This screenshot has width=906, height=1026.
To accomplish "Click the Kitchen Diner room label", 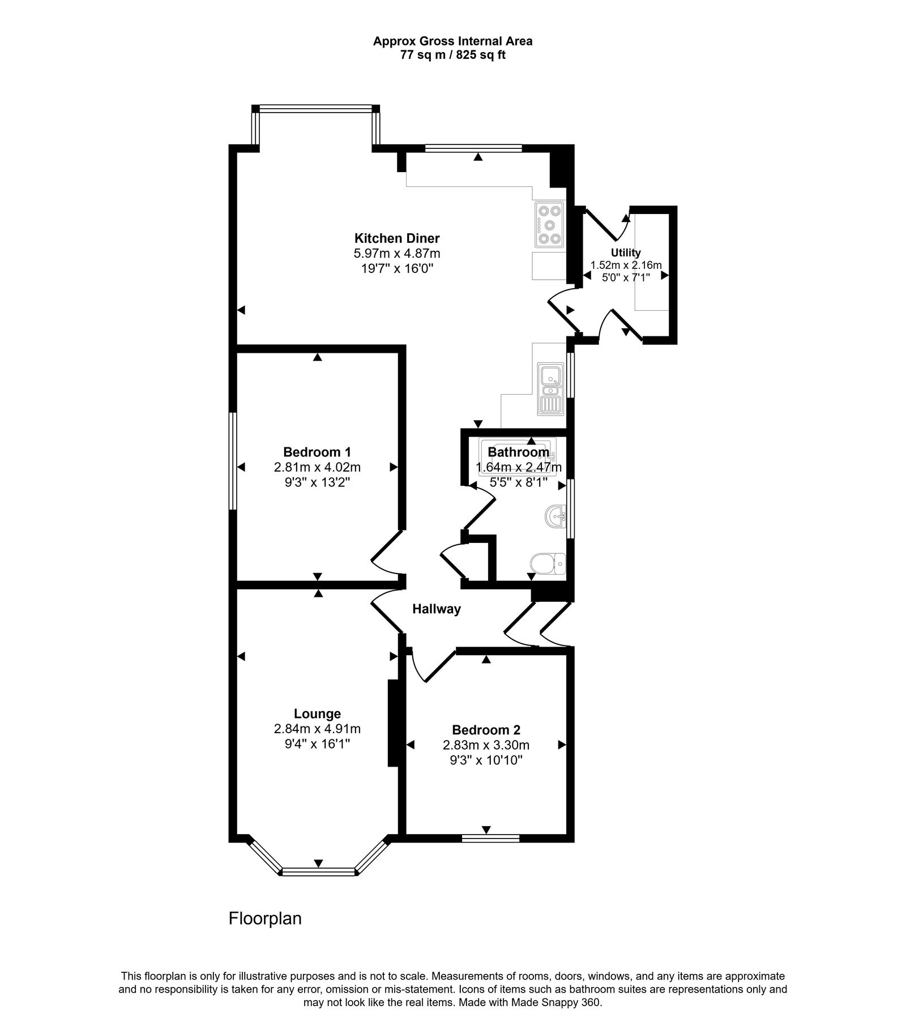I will click(x=396, y=238).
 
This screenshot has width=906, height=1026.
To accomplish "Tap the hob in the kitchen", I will click(x=549, y=225).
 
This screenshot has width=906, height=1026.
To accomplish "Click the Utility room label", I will click(x=626, y=253).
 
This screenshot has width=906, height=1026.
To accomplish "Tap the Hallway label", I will click(x=436, y=609).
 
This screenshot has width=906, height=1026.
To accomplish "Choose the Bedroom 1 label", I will click(x=317, y=452).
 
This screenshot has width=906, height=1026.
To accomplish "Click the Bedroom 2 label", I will click(x=486, y=730).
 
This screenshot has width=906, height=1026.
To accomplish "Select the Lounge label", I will click(x=317, y=714).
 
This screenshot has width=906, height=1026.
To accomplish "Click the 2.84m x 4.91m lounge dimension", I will click(x=317, y=729).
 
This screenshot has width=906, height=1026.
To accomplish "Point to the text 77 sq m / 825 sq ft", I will click(x=452, y=55).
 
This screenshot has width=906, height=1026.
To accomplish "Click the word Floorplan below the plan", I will click(x=265, y=918).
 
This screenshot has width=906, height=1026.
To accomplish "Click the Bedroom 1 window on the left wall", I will click(x=232, y=461).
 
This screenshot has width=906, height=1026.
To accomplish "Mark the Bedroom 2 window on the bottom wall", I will click(x=490, y=839).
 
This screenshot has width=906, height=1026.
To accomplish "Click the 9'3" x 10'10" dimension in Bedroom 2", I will click(x=486, y=760).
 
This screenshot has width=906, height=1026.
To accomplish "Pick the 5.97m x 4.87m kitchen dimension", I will click(x=396, y=253).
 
